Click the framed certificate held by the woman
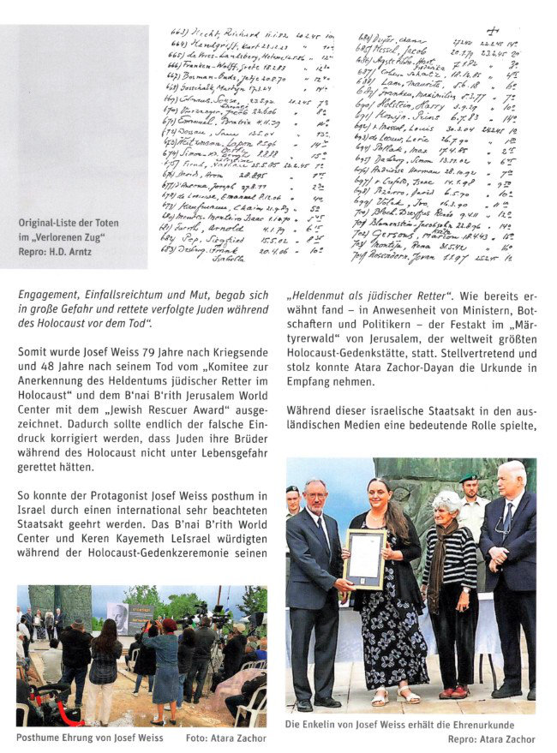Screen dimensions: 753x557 [364, 559]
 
